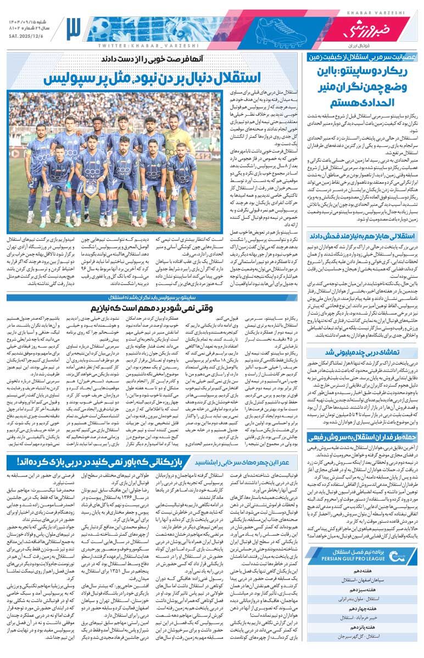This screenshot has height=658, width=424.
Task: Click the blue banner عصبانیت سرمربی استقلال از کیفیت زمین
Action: tap(360, 56)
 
